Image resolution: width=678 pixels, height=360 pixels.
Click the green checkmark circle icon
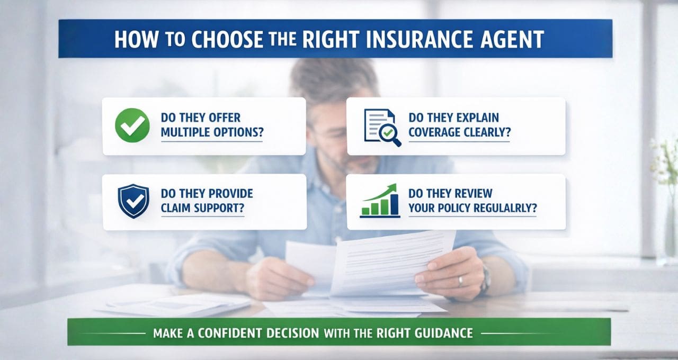(132, 125)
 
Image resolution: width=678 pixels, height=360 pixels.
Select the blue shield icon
(133, 201)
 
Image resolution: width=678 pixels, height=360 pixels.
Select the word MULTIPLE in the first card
(188, 133)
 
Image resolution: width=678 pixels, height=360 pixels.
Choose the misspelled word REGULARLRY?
(503, 208)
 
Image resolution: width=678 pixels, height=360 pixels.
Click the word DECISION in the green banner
(293, 334)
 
